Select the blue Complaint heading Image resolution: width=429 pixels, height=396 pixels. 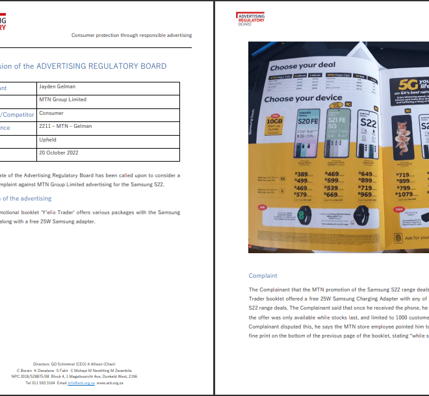coord(263,276)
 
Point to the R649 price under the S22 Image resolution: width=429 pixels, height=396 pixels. coord(366,174)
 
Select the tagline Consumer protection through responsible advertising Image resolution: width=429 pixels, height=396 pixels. coord(131,35)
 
